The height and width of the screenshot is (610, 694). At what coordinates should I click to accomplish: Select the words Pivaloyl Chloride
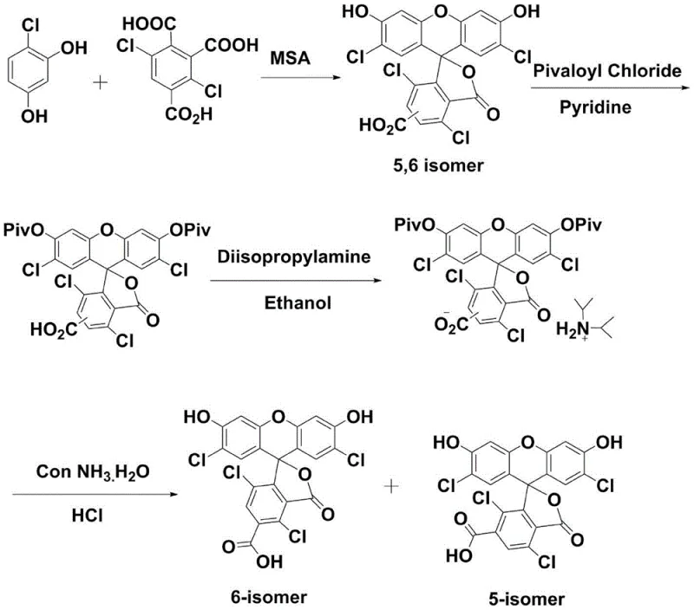coord(608,70)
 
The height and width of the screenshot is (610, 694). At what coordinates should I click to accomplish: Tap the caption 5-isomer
coord(525,598)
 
